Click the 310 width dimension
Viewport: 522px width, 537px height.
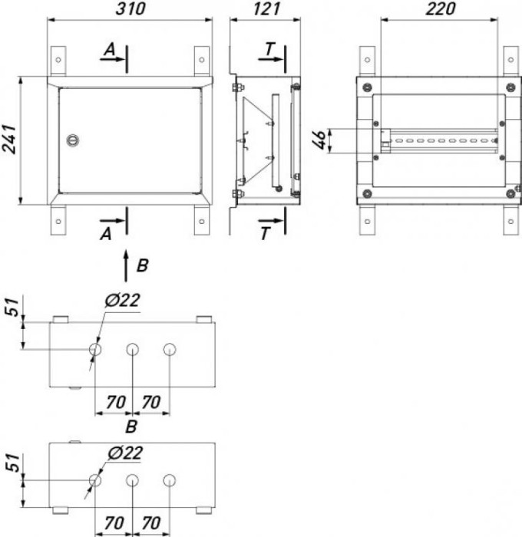click(130, 9)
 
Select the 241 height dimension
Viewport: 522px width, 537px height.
click(9, 140)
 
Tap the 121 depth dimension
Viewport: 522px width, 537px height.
click(266, 9)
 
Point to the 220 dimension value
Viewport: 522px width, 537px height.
click(441, 9)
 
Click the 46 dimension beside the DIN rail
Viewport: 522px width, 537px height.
click(319, 140)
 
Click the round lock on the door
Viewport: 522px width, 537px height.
click(73, 140)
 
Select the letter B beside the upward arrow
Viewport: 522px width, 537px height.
click(142, 265)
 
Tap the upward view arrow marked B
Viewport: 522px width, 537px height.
click(126, 266)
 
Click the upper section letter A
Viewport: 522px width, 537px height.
click(110, 50)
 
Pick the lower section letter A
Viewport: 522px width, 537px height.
click(106, 234)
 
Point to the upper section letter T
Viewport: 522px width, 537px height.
click(269, 49)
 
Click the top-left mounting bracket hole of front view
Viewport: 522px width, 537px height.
click(58, 60)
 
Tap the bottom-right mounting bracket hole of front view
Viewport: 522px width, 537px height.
click(202, 222)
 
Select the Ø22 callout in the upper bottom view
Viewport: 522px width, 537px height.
click(122, 301)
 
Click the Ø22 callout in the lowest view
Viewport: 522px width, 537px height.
click(125, 453)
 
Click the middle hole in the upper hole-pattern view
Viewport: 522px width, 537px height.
click(132, 350)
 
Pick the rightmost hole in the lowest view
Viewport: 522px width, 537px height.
click(170, 480)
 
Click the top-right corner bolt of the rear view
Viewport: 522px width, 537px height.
click(510, 87)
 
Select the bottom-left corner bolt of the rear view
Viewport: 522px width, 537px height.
click(367, 194)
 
